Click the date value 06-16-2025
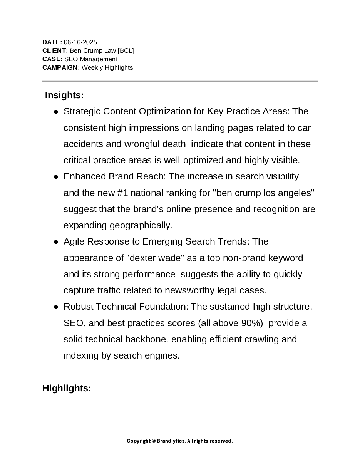click(80, 42)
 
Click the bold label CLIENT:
click(55, 50)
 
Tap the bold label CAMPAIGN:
click(61, 67)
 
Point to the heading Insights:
click(64, 95)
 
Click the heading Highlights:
click(67, 388)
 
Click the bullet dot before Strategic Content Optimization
click(56, 112)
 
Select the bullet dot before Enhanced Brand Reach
click(56, 177)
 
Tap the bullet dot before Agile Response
click(56, 242)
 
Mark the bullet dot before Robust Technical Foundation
click(56, 307)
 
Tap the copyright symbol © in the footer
click(154, 441)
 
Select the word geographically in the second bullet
click(141, 225)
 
